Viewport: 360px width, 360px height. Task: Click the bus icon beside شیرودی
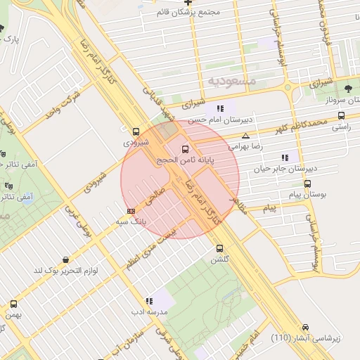136,131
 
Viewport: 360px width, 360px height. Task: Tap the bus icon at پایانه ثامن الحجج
186,149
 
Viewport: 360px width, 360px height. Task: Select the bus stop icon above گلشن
220,248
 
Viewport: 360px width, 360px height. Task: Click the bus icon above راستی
341,116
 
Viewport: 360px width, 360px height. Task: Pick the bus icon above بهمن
13,304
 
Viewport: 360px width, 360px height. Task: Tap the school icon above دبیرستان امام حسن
220,108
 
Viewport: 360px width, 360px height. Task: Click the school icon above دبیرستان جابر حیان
285,157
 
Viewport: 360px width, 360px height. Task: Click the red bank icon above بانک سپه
131,210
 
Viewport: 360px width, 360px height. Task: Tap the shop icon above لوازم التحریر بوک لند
65,260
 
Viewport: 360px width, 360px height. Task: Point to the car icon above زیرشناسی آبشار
306,327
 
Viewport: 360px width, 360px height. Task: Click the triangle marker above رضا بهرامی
245,136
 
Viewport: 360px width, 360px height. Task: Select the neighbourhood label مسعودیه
233,82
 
